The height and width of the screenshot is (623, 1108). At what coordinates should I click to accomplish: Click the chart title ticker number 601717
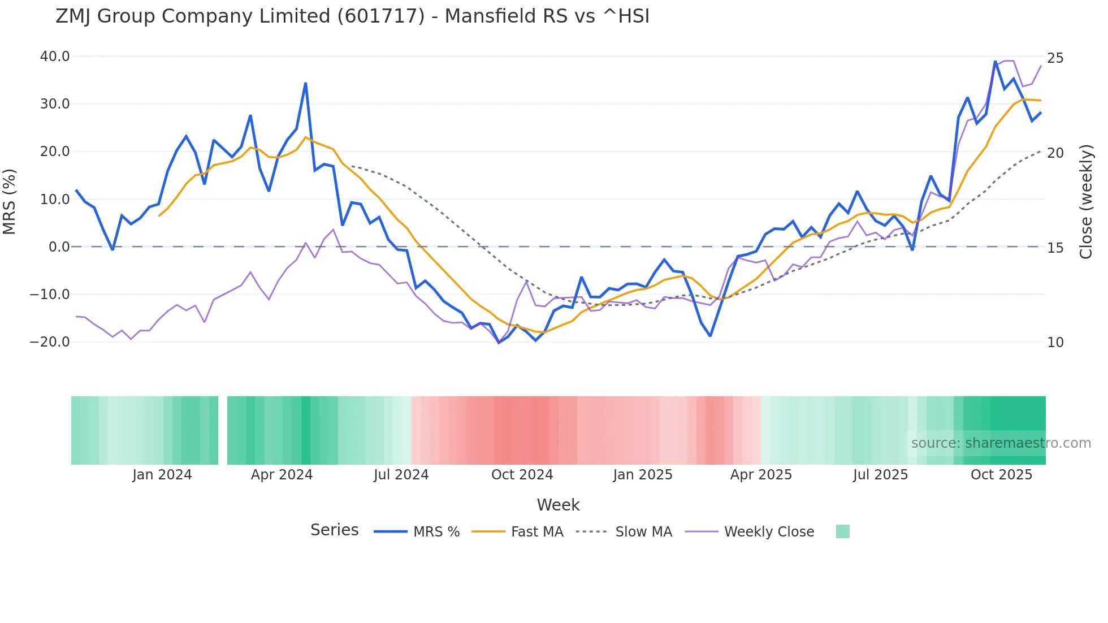[380, 16]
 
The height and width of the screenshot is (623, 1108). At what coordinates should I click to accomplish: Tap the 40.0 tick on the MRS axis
[55, 57]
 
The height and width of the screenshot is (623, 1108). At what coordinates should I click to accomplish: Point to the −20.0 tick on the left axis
[50, 342]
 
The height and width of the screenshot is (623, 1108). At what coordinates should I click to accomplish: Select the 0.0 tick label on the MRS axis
[59, 247]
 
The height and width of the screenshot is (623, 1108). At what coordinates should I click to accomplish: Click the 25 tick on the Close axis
[1055, 58]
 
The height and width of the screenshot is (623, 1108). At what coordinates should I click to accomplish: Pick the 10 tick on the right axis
[1055, 343]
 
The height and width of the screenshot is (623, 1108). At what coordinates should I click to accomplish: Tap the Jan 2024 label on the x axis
[162, 475]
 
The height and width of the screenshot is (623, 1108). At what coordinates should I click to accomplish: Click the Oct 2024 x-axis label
[522, 475]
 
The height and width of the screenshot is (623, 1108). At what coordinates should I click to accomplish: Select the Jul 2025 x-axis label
[880, 475]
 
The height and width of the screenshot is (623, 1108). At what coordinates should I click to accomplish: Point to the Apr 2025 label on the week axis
[761, 475]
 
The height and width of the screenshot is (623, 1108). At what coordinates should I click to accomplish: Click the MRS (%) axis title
[10, 201]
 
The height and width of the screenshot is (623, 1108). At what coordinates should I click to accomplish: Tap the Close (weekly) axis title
[1086, 201]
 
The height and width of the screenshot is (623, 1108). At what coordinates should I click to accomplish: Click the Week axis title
[558, 505]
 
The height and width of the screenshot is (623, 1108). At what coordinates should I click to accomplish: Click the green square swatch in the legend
[842, 531]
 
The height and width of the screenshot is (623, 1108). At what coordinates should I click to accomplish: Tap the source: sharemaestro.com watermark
[1001, 443]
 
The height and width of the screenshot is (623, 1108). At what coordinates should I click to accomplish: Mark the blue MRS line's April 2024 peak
[306, 84]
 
